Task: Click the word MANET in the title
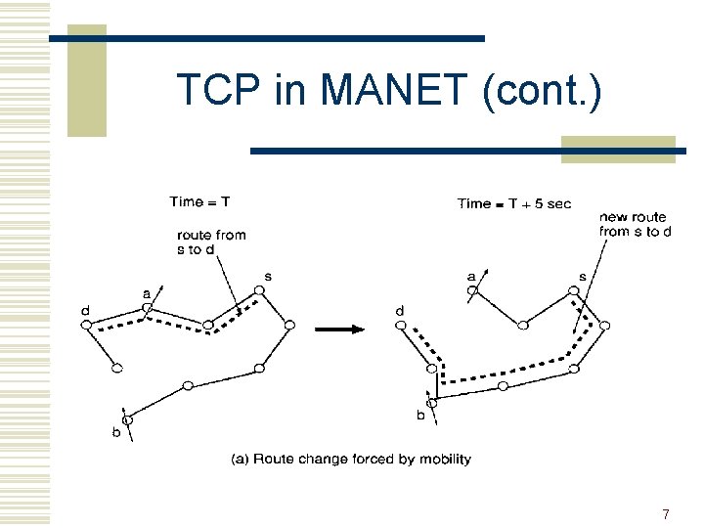point(395,91)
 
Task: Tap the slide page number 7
point(666,514)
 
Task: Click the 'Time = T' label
point(199,202)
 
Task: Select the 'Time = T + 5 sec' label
point(514,203)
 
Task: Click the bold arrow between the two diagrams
point(339,329)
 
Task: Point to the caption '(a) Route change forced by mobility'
point(351,459)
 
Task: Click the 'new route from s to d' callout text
point(635,224)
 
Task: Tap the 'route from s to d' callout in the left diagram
point(211,242)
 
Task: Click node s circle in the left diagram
point(260,289)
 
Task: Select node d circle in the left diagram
point(86,325)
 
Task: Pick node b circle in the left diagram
point(126,419)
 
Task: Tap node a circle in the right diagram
point(481,290)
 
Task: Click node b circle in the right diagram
point(431,402)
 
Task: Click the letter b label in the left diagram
point(115,433)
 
